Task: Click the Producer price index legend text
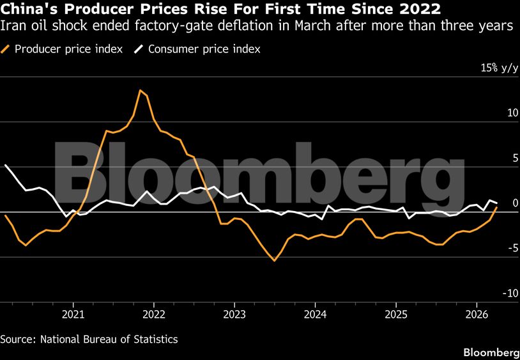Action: click(x=68, y=49)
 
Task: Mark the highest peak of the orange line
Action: click(x=140, y=90)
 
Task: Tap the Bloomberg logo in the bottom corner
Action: click(x=491, y=352)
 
